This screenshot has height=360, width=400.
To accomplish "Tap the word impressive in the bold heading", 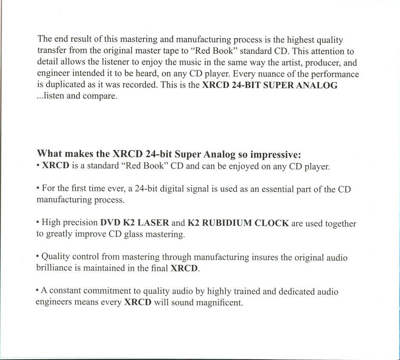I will (x=276, y=154).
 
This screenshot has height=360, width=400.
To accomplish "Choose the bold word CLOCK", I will (x=272, y=223).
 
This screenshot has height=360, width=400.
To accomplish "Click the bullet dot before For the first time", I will (x=38, y=189).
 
